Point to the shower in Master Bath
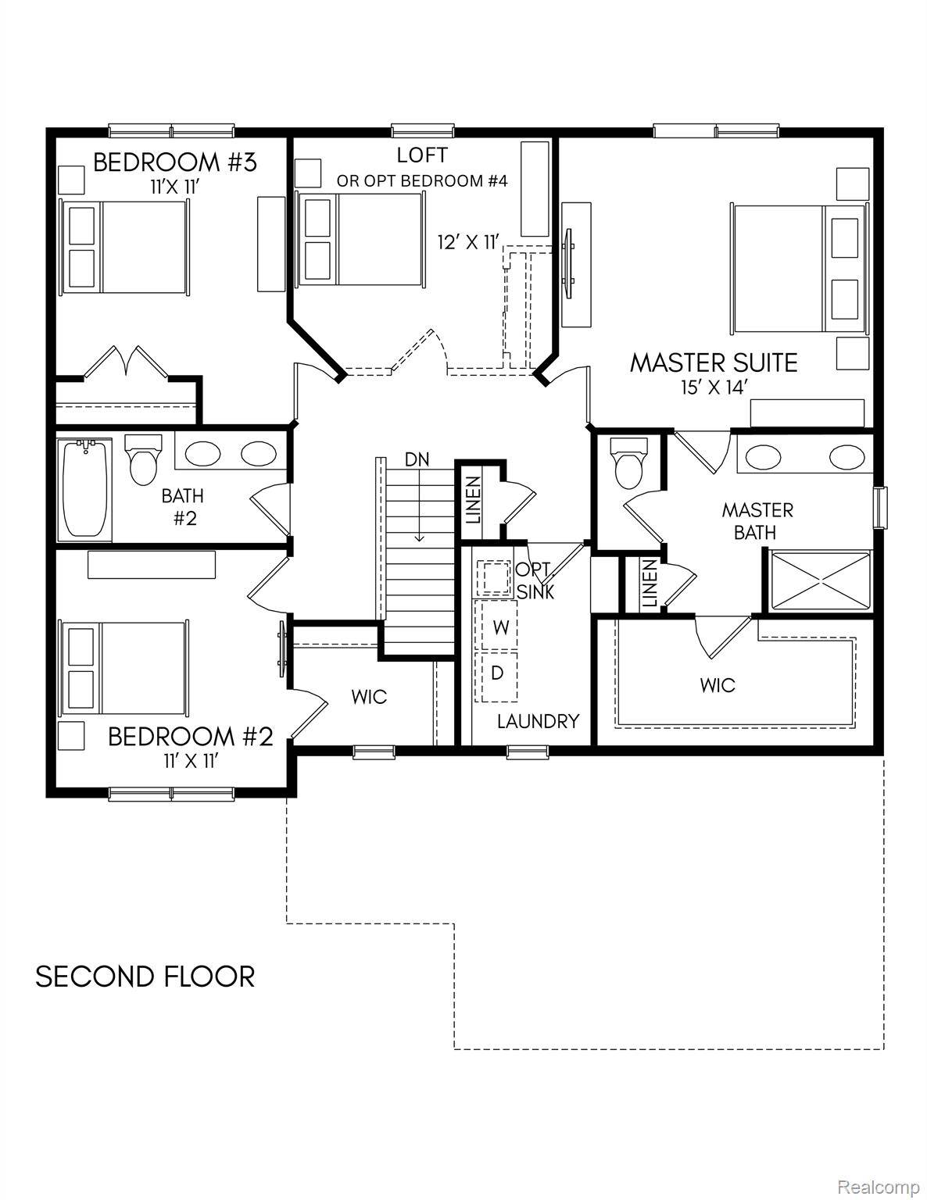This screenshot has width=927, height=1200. click(820, 580)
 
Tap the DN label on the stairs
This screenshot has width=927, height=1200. click(417, 460)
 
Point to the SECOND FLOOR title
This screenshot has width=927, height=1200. click(145, 977)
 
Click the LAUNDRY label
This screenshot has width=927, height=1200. click(538, 721)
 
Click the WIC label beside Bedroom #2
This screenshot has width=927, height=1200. click(368, 696)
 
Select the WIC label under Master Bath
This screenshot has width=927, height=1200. click(717, 685)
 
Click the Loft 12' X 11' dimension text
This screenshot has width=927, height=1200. click(467, 243)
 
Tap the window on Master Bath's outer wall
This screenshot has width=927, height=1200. click(881, 507)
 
